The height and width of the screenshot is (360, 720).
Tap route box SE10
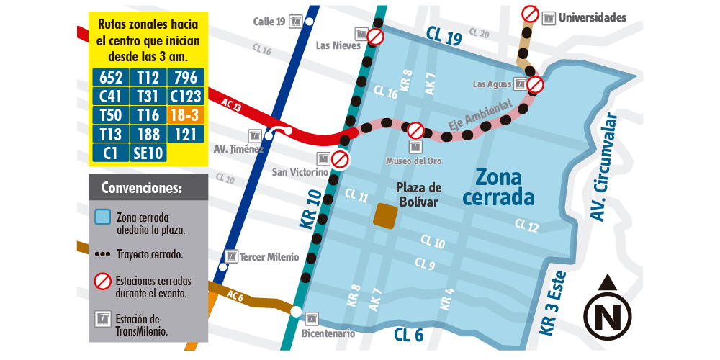click(x=148, y=153)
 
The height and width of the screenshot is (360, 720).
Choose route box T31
click(x=148, y=96)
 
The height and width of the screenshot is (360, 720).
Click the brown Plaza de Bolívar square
click(x=384, y=216)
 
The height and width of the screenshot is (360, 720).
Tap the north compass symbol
click(x=607, y=310)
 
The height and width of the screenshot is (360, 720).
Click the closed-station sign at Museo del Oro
click(x=415, y=130)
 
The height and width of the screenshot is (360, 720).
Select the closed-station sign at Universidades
click(x=530, y=14)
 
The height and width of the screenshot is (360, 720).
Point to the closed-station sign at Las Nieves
click(x=375, y=37)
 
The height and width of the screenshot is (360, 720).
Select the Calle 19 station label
click(x=270, y=22)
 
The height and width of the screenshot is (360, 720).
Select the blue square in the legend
click(x=103, y=217)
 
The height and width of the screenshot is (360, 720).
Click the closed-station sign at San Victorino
click(x=340, y=159)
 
